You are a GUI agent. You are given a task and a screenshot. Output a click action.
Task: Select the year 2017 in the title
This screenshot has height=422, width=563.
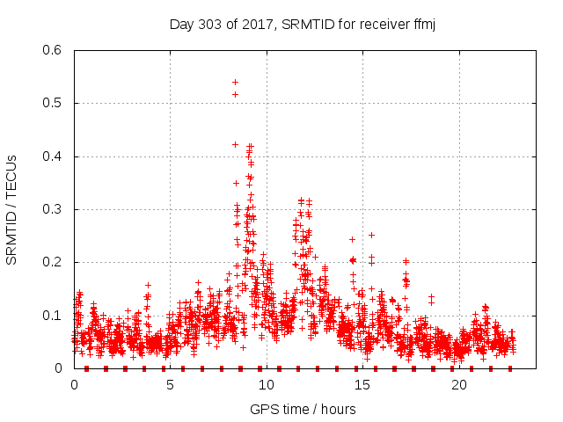[x=254, y=24]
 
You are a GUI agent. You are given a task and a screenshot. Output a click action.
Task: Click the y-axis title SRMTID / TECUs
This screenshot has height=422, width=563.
[x=11, y=209]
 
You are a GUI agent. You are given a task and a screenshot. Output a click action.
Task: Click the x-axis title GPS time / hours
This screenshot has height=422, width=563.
[x=303, y=409]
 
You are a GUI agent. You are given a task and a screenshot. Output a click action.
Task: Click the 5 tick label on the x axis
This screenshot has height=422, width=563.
[x=171, y=384]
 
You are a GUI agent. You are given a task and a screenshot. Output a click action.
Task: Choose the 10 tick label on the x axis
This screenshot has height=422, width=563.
[x=267, y=384]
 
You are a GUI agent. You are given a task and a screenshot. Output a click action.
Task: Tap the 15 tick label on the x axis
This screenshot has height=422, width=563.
[x=363, y=384]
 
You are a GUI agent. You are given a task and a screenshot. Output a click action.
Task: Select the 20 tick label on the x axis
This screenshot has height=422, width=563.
[x=459, y=384]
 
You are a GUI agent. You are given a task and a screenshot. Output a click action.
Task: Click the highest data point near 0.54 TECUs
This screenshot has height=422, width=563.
[x=235, y=81]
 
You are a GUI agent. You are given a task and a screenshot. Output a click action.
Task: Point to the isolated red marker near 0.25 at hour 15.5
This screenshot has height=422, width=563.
[x=371, y=235]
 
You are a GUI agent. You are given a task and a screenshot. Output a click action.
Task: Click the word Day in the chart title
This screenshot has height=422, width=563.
[x=180, y=24]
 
